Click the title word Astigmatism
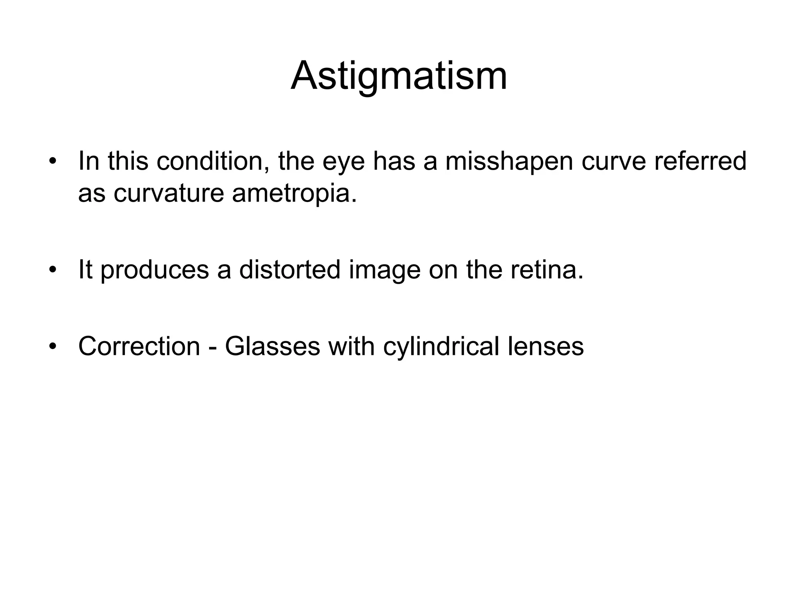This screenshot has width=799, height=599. click(399, 76)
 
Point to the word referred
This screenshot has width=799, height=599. click(700, 161)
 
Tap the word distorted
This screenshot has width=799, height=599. click(290, 269)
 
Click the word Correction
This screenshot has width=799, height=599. click(139, 346)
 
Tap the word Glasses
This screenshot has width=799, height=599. click(272, 346)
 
